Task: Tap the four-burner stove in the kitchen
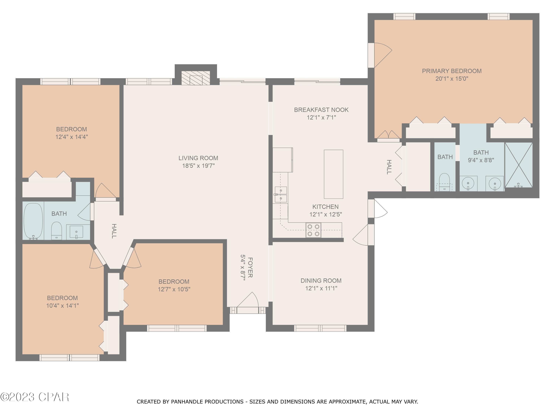coord(313,230)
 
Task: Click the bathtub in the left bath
coord(33,220)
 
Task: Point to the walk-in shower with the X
coord(518,165)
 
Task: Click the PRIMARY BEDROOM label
coord(452,71)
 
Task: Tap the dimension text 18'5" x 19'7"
coord(198,166)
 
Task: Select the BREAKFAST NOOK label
coord(321,110)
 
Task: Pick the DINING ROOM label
coord(321,281)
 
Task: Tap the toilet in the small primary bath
coord(444,182)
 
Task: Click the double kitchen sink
coord(281,194)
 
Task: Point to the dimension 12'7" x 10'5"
coord(174,289)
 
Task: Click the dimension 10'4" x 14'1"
coord(63,306)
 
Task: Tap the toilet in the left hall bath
coord(56,230)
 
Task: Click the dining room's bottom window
coord(320,328)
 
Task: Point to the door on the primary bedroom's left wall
coord(371,55)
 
